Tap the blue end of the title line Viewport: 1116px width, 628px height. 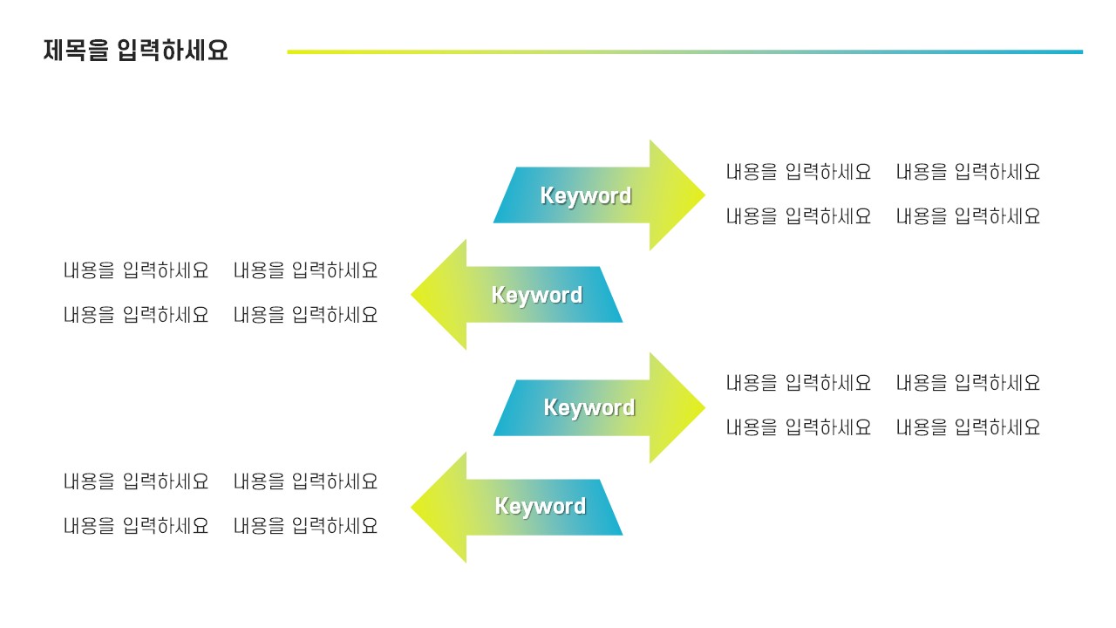coord(1078,51)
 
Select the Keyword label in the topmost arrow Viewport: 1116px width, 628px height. coord(585,195)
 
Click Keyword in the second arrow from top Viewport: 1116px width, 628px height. coord(536,295)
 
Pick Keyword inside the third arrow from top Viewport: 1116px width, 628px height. coord(589,407)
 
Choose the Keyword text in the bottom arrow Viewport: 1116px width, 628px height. coord(540,506)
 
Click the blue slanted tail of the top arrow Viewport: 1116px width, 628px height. coord(510,195)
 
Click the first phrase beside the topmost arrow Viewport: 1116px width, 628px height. coord(798,172)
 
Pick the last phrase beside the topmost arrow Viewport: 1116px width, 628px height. coord(968,216)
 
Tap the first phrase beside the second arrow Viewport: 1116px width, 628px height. coord(135,270)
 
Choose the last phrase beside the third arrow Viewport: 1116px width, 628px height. coord(968,427)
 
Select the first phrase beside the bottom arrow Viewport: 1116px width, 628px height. coord(135,481)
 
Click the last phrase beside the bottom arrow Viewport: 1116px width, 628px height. coord(305,526)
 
